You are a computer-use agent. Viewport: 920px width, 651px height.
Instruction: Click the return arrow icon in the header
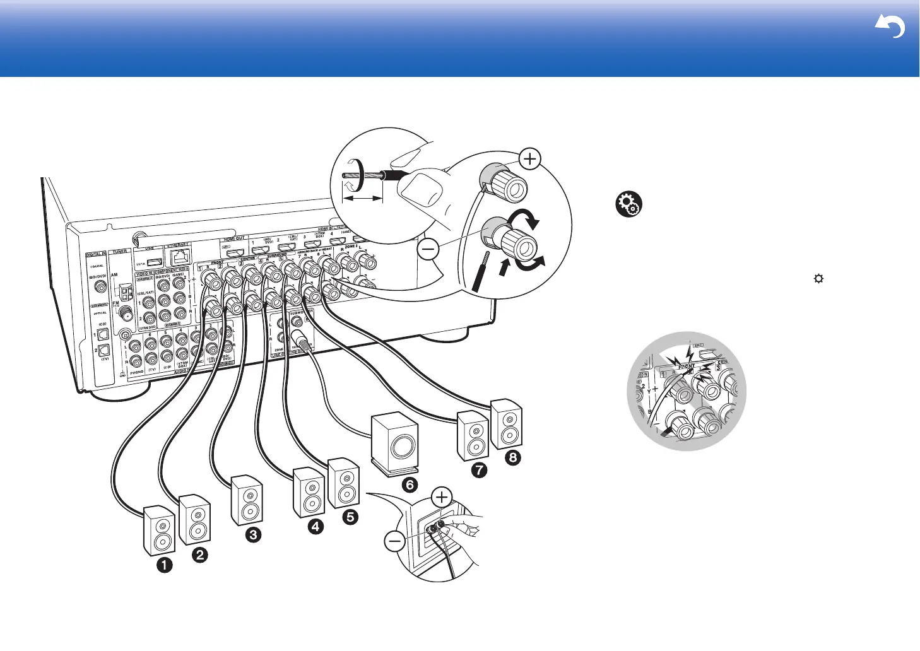(890, 28)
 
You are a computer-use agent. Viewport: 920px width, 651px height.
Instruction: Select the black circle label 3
(252, 535)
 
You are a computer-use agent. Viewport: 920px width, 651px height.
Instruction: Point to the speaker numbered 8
(507, 424)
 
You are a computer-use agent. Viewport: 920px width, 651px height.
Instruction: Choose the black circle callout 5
(350, 517)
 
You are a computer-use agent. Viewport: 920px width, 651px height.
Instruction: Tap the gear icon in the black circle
(628, 205)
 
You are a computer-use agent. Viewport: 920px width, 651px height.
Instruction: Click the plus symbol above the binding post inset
(530, 159)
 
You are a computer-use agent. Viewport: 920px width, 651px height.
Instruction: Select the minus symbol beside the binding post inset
(428, 250)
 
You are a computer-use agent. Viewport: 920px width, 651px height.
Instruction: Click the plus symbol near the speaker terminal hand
(442, 497)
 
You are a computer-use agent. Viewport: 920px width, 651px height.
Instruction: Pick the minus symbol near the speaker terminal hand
(395, 541)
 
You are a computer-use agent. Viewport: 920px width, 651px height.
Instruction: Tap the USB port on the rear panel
(154, 261)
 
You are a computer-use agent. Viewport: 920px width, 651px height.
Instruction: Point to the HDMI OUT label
(234, 240)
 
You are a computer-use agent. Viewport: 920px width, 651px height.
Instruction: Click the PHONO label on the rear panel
(136, 372)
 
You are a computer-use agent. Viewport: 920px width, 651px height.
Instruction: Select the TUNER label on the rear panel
(119, 251)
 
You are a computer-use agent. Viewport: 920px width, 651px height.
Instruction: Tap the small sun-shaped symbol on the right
(818, 278)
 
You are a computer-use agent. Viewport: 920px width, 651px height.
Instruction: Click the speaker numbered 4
(309, 493)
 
